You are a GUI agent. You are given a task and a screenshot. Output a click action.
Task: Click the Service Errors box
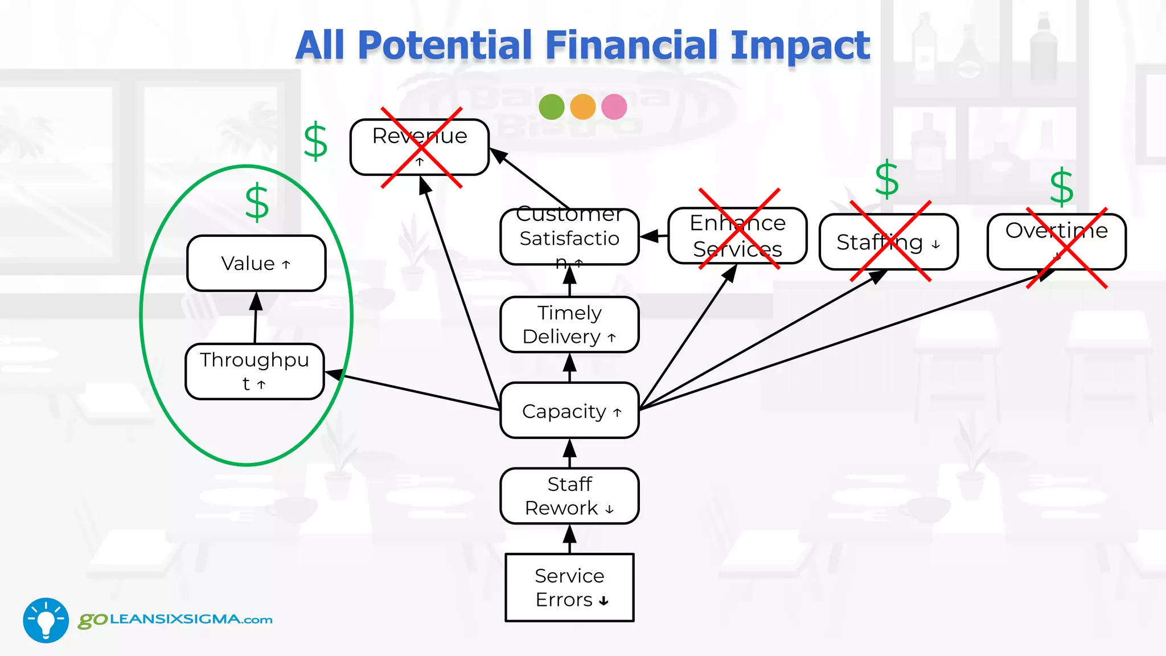tap(569, 587)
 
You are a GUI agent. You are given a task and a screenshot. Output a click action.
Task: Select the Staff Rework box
tap(569, 496)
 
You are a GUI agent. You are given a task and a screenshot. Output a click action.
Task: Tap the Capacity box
tap(569, 411)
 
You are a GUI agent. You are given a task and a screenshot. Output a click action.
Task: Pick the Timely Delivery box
tap(569, 325)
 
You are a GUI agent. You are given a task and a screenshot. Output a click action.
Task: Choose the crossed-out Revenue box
tap(420, 147)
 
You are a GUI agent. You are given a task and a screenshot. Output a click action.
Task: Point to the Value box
tap(256, 263)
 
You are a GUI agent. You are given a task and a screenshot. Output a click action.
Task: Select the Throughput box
tap(254, 371)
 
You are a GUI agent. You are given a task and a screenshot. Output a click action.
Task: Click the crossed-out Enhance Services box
tap(737, 236)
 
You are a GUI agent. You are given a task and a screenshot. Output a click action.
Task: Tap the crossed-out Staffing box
tap(888, 242)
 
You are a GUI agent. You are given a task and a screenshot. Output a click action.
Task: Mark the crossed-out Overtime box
tap(1056, 241)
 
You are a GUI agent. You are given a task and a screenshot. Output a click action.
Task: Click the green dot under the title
tap(551, 106)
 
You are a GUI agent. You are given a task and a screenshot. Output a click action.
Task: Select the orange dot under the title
tap(582, 106)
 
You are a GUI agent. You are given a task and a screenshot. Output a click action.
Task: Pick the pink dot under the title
tap(614, 106)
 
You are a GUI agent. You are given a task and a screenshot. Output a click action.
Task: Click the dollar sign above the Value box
tap(257, 202)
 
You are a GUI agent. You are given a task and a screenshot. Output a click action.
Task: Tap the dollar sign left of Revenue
tap(315, 141)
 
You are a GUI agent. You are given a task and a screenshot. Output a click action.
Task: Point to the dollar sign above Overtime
tap(1061, 187)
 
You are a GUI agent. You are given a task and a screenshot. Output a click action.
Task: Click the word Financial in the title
tap(632, 46)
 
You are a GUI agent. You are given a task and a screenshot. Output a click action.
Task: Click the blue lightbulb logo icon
tap(46, 620)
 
